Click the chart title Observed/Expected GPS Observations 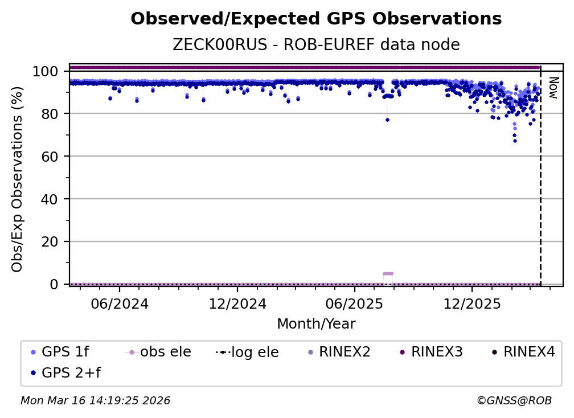coord(316,19)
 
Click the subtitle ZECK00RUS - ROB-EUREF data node coord(316,45)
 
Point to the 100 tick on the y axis coord(45,71)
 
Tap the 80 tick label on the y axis coord(50,114)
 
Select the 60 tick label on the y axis coord(50,157)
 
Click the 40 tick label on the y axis coord(50,199)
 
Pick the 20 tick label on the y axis coord(50,241)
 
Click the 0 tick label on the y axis coord(54,284)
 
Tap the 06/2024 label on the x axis coord(119,304)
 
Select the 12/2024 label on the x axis coord(237,304)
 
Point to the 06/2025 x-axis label coord(354,304)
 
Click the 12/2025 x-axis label coord(471,304)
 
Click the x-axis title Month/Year coord(316,324)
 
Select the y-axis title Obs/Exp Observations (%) coord(18,179)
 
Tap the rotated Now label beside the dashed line coord(553,88)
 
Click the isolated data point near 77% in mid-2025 coord(387,120)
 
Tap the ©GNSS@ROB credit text coord(514,401)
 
